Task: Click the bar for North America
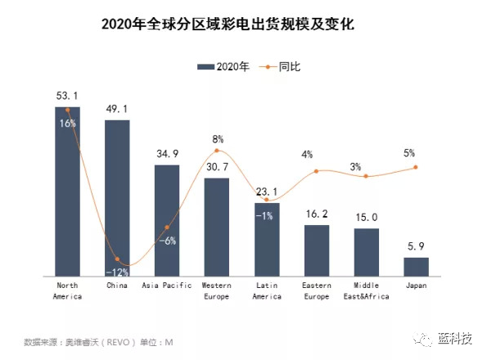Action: pyautogui.click(x=67, y=196)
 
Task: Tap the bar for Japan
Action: pyautogui.click(x=416, y=267)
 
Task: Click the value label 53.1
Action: pyautogui.click(x=67, y=97)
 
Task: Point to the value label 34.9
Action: pyautogui.click(x=167, y=154)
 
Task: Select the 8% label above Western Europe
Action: pyautogui.click(x=217, y=139)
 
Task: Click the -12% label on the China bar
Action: pyautogui.click(x=117, y=271)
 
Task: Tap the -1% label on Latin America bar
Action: pyautogui.click(x=267, y=215)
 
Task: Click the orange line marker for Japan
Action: pyautogui.click(x=416, y=167)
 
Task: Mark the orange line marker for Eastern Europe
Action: pyautogui.click(x=316, y=171)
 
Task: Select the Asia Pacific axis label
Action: pyautogui.click(x=167, y=286)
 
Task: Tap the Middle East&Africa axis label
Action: pyautogui.click(x=366, y=290)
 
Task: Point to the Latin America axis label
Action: pyautogui.click(x=267, y=290)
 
